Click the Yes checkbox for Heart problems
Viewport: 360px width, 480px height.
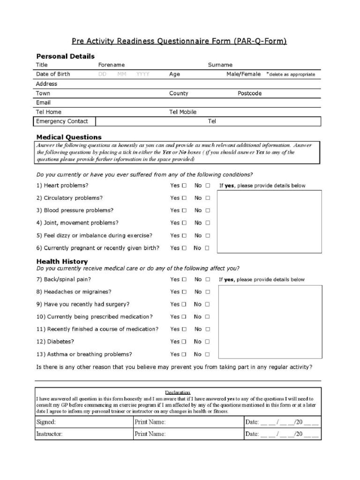point(184,186)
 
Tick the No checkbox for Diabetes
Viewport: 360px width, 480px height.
point(208,342)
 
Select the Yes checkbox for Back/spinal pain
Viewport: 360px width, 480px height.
point(184,279)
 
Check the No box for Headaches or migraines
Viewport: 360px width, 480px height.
point(208,292)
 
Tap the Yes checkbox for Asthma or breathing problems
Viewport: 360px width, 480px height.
point(184,354)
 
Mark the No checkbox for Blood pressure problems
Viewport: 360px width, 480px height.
point(208,210)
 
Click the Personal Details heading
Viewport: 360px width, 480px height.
point(65,56)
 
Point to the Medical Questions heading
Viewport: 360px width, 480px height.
point(69,137)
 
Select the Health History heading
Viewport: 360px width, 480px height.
point(62,262)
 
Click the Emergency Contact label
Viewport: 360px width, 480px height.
point(62,121)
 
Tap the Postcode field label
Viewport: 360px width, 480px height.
point(249,93)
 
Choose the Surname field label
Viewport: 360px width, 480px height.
point(220,65)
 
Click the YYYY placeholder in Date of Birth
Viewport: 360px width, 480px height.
point(143,75)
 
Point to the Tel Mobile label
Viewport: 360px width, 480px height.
point(183,112)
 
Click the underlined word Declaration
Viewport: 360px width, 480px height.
point(178,392)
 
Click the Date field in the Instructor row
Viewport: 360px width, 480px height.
point(282,434)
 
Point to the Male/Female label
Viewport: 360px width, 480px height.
point(243,74)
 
